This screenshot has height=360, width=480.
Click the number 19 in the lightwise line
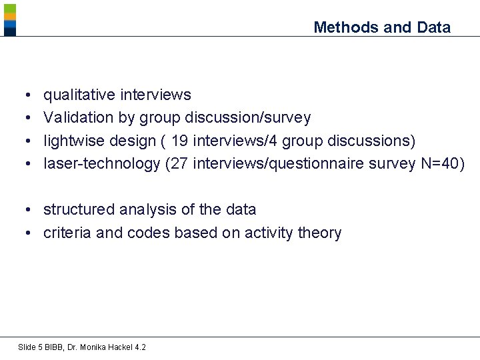pos(179,141)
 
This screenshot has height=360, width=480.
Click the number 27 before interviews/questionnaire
pos(179,163)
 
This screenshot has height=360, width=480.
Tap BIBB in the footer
pos(51,347)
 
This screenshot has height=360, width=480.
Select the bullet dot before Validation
pos(31,119)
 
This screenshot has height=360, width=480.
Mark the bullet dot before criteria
pos(31,233)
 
